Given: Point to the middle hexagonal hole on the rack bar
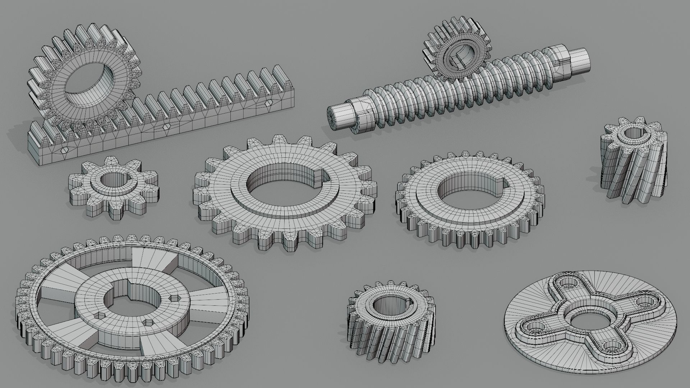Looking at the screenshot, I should [166, 127].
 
